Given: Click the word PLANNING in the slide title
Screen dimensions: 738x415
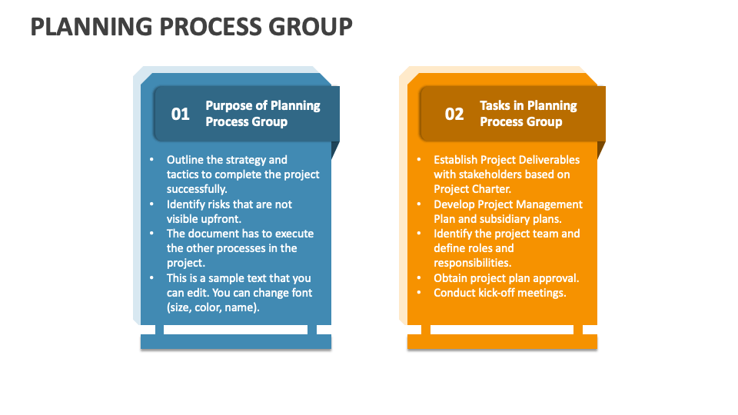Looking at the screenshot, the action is click(91, 26).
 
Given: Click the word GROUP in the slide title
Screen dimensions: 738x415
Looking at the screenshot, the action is click(310, 26).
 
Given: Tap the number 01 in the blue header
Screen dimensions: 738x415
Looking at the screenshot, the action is click(180, 114).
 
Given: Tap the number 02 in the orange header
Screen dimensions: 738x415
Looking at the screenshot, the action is click(454, 114).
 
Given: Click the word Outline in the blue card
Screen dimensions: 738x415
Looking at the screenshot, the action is click(185, 160).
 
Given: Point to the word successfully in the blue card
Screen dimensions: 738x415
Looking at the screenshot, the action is click(197, 189).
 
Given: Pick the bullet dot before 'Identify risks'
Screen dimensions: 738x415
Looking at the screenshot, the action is click(151, 204).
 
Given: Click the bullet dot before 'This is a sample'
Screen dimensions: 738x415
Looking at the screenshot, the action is click(151, 278).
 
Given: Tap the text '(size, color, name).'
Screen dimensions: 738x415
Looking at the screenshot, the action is click(213, 307).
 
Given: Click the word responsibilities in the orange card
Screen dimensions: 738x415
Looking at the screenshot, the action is click(473, 263).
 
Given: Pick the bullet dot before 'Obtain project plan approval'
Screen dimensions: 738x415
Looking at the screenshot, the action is click(419, 278).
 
